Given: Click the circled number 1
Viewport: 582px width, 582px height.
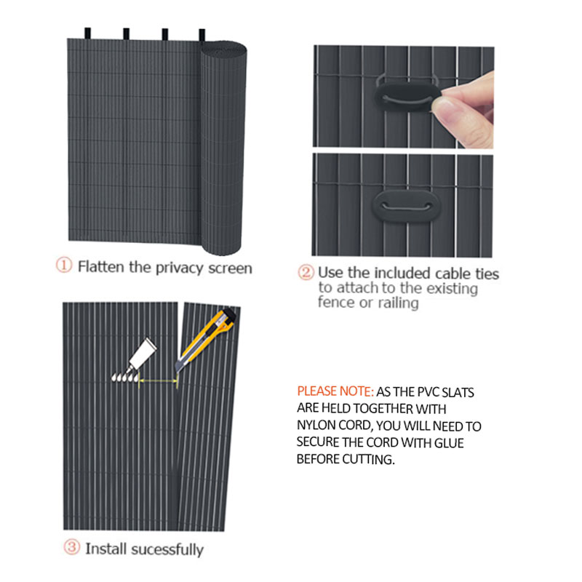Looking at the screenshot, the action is point(63,265).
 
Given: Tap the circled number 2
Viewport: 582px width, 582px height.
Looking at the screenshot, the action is point(306,272).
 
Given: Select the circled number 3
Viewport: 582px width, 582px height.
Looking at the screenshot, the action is point(71,547).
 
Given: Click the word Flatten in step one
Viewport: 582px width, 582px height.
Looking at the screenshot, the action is point(100,267).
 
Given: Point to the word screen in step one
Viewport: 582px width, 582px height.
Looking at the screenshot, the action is point(230,268).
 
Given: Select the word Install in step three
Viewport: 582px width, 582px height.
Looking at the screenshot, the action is point(106,549).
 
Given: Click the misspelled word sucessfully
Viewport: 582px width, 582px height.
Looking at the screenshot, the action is point(167,550).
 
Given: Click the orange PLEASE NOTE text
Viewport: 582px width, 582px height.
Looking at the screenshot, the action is point(335,391).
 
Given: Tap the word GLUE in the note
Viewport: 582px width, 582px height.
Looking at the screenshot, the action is point(449,443).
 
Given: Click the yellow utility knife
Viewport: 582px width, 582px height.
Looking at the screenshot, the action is point(206,340).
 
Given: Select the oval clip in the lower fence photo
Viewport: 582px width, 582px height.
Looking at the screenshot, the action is point(407,207).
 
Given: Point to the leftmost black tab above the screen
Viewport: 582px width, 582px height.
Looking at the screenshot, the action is point(87,33).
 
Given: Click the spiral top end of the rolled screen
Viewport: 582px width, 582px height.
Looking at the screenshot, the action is point(224,50).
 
